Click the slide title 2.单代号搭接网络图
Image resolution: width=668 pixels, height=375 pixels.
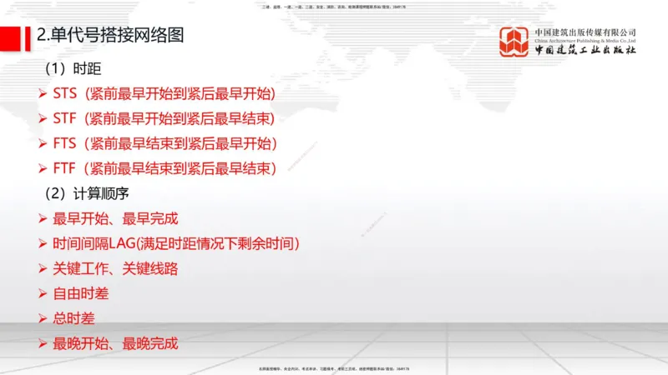(x=109, y=36)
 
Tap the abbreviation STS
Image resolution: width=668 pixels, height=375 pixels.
(x=64, y=92)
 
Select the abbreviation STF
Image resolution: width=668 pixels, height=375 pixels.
(x=64, y=117)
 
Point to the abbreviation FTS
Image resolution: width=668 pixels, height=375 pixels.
(x=64, y=143)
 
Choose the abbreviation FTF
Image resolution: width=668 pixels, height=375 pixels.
(x=64, y=168)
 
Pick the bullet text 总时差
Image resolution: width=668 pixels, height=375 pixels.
(x=73, y=318)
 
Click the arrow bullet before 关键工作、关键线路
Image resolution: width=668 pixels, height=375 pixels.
(x=43, y=269)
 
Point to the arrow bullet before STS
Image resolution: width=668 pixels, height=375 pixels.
(x=43, y=92)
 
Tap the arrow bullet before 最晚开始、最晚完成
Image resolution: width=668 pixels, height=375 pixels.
(x=43, y=343)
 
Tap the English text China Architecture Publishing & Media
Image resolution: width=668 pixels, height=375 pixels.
(x=585, y=40)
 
